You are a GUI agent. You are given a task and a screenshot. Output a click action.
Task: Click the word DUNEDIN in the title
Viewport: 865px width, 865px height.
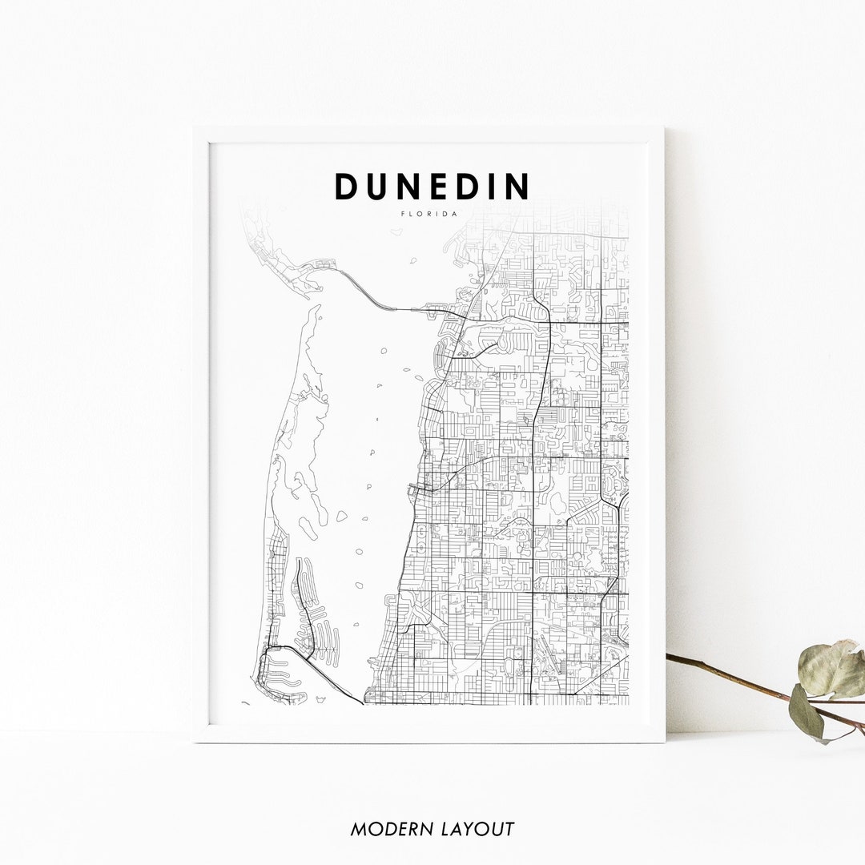coord(432,187)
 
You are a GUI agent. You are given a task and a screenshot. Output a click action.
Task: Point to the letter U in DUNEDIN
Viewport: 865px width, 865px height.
coord(375,187)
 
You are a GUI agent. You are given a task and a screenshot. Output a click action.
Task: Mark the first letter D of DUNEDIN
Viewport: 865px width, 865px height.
coord(345,187)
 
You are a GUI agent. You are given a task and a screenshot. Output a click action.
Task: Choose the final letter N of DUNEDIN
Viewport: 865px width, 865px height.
coord(518,187)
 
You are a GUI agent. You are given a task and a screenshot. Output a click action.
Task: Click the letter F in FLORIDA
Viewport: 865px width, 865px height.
coord(404,214)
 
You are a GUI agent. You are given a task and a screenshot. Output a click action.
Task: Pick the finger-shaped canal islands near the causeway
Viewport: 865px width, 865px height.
coord(316,617)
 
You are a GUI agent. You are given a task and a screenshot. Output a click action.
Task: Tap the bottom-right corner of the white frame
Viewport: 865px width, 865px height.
coord(663,741)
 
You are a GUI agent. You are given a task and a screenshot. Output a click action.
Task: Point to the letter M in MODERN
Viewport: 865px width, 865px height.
coord(358,829)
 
